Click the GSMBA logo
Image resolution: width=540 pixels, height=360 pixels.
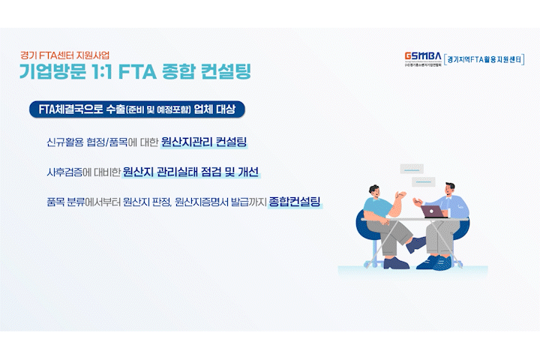423,58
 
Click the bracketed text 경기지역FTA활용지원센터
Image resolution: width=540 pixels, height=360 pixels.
484,59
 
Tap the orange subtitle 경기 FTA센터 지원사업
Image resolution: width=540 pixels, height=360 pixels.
64,55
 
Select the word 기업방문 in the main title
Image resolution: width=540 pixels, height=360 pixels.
52,71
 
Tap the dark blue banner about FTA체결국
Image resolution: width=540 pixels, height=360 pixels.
137,109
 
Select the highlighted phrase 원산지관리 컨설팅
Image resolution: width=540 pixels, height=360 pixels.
204,142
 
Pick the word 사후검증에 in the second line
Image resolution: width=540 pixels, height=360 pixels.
69,172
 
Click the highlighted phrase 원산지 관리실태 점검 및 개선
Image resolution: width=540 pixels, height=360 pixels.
190,172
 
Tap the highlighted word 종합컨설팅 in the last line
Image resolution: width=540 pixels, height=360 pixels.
295,201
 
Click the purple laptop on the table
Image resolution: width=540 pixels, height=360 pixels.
433,211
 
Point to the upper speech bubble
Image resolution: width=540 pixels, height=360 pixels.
412,169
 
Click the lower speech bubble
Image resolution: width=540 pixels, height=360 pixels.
424,181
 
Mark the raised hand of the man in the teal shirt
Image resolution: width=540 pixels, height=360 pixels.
400,195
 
